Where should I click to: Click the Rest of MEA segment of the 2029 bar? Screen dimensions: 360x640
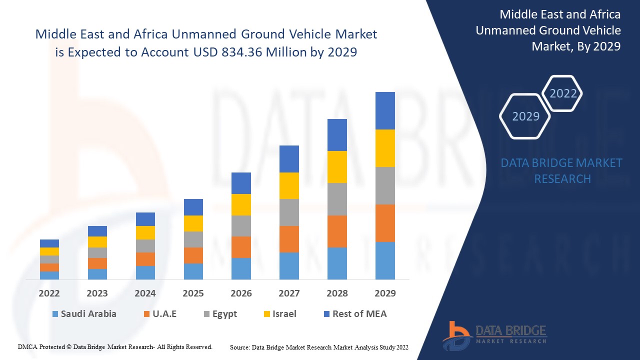tap(385, 110)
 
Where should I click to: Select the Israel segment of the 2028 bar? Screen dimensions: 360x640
tap(337, 167)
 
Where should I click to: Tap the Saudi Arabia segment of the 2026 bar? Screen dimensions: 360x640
tap(241, 268)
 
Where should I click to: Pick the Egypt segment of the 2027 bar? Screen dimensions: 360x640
tap(289, 212)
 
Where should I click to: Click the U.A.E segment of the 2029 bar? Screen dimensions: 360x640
tap(385, 223)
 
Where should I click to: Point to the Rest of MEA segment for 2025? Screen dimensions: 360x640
tap(193, 207)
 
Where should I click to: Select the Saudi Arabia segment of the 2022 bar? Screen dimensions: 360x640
tap(49, 275)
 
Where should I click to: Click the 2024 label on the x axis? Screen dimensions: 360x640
tap(145, 293)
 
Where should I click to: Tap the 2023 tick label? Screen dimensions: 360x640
tap(97, 293)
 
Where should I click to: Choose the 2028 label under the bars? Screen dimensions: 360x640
tap(337, 293)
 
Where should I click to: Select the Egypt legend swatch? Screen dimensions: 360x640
tap(206, 314)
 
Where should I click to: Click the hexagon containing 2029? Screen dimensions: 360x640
tap(525, 116)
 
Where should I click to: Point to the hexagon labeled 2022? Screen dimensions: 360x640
tap(562, 93)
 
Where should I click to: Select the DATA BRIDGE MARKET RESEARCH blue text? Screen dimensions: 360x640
tap(561, 170)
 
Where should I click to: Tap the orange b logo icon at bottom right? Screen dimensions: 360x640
tap(456, 335)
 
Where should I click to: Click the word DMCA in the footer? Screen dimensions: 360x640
tap(27, 346)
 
